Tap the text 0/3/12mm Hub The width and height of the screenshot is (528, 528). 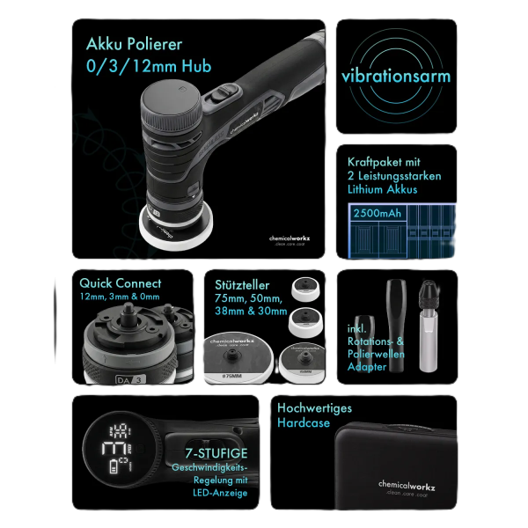149,66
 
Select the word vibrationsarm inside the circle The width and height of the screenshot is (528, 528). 396,76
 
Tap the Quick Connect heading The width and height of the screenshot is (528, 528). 121,283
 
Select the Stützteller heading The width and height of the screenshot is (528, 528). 242,285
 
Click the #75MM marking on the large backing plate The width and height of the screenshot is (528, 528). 234,373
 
